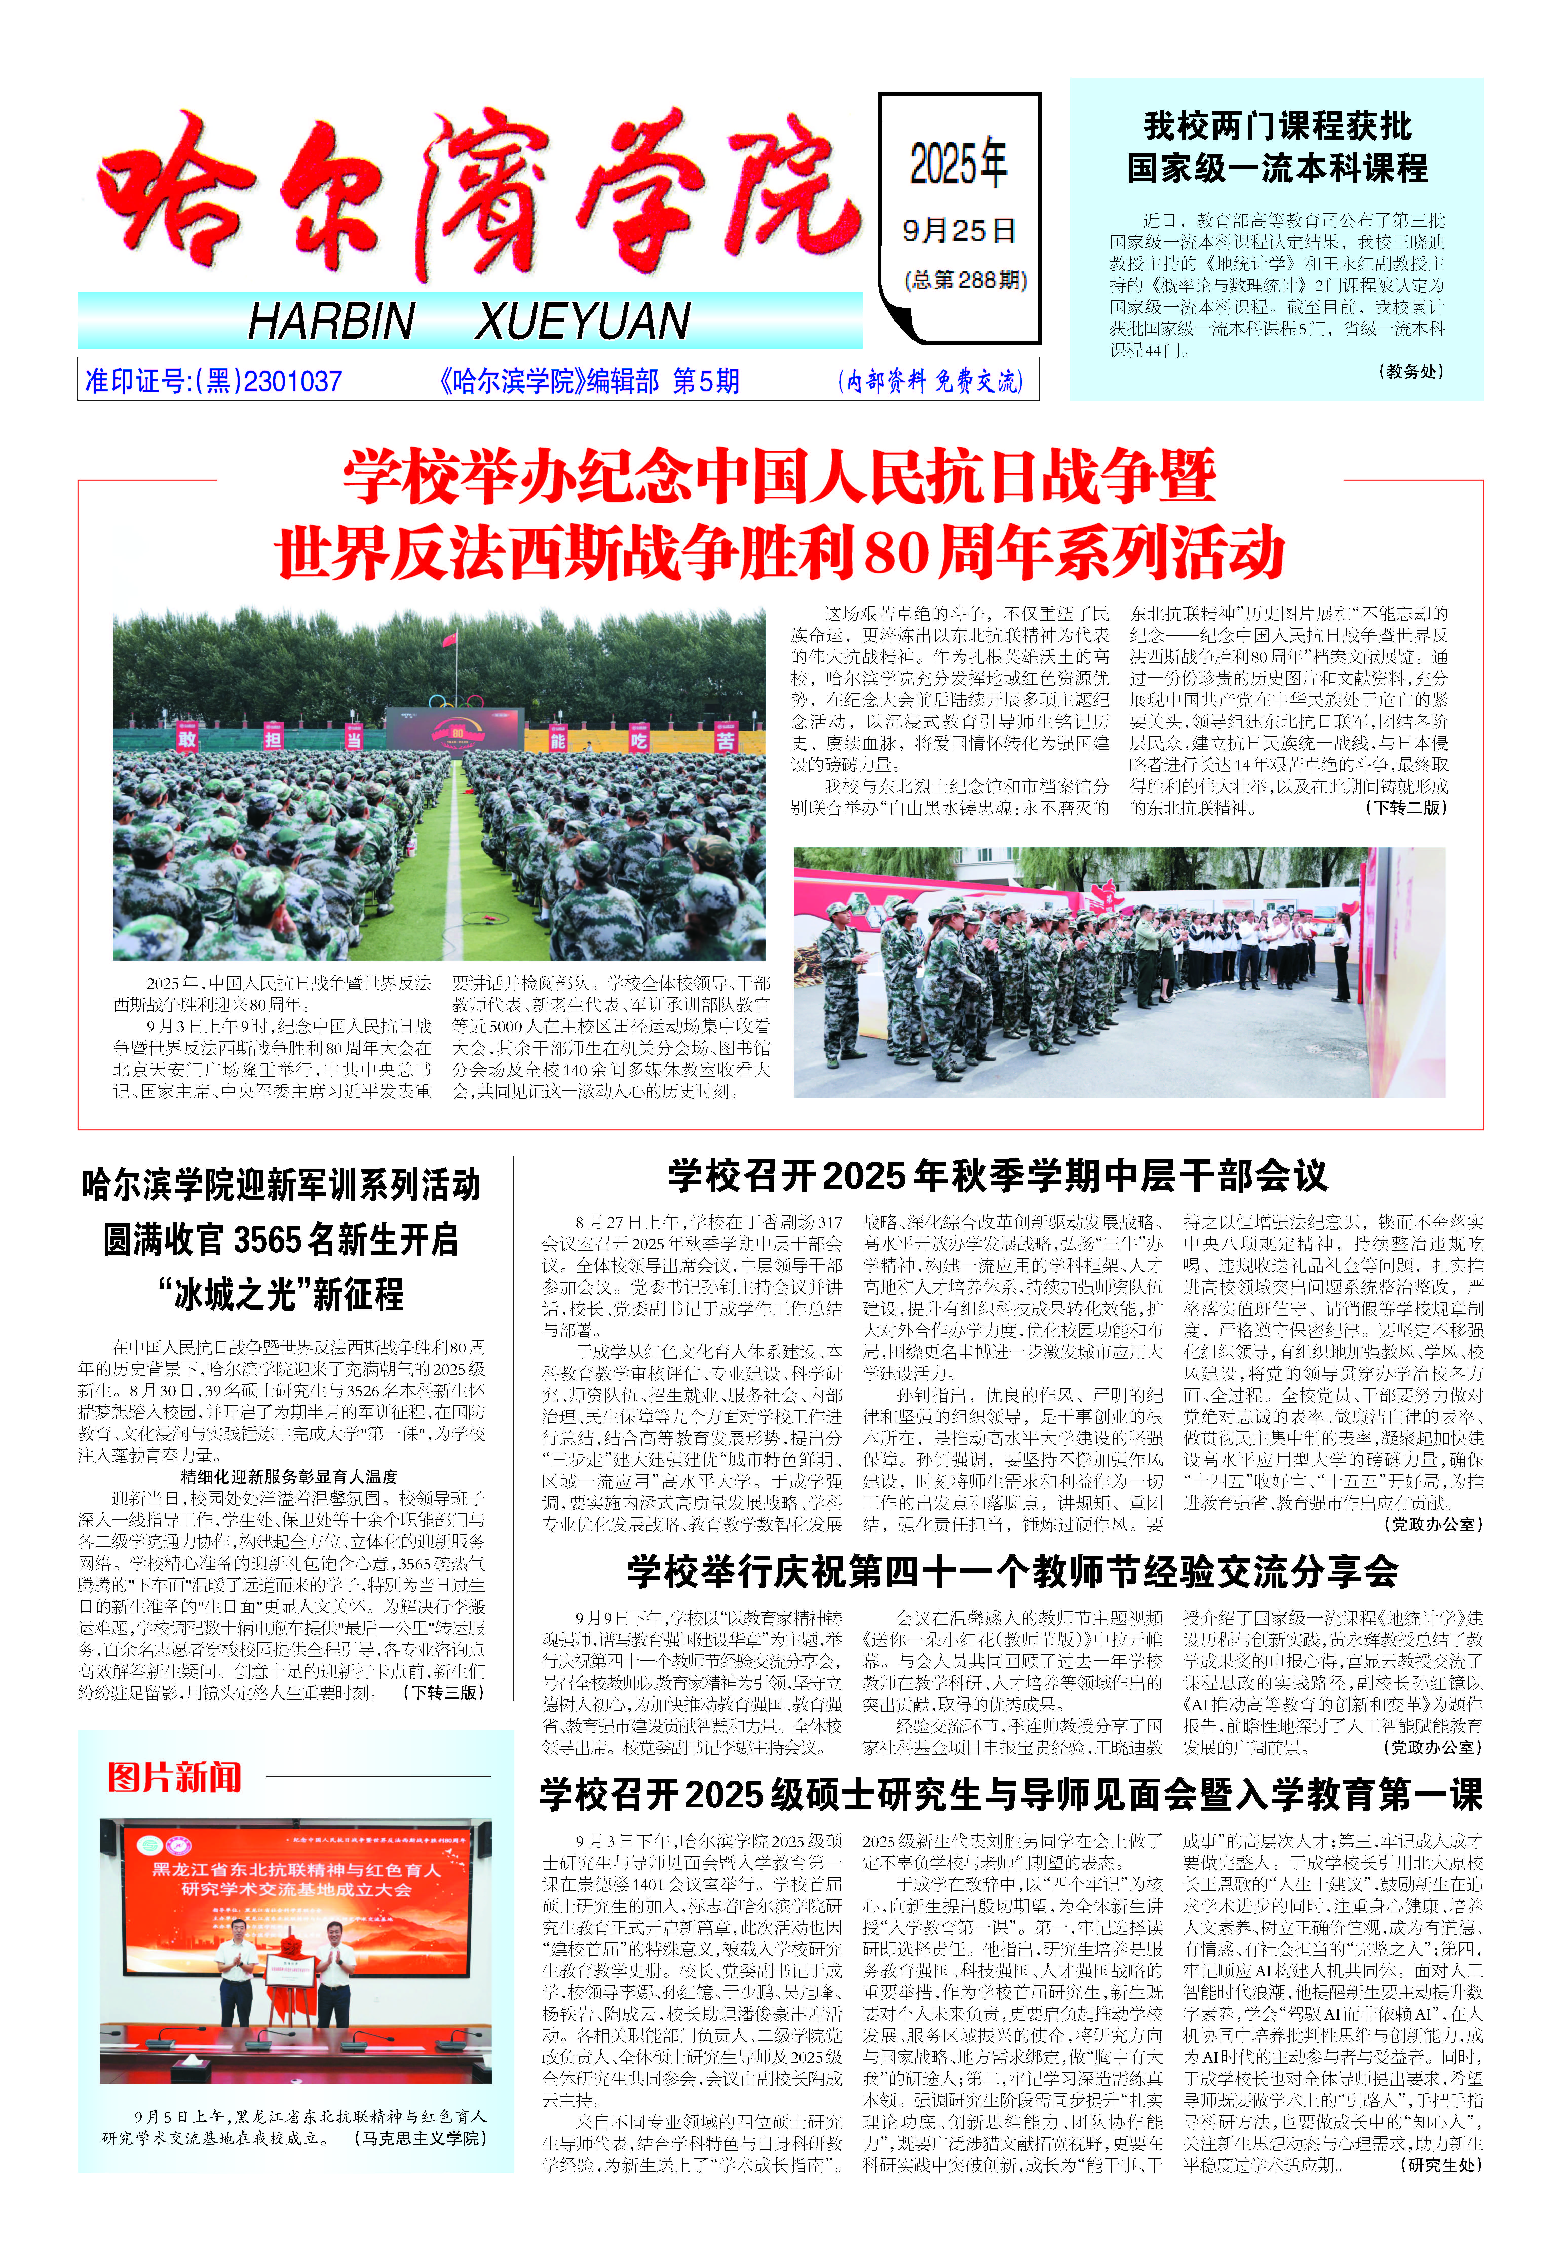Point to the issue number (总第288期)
[x=966, y=281]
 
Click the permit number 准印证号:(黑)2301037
[x=213, y=381]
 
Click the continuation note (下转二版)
[x=1405, y=808]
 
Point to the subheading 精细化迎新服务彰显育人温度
[x=289, y=1476]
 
